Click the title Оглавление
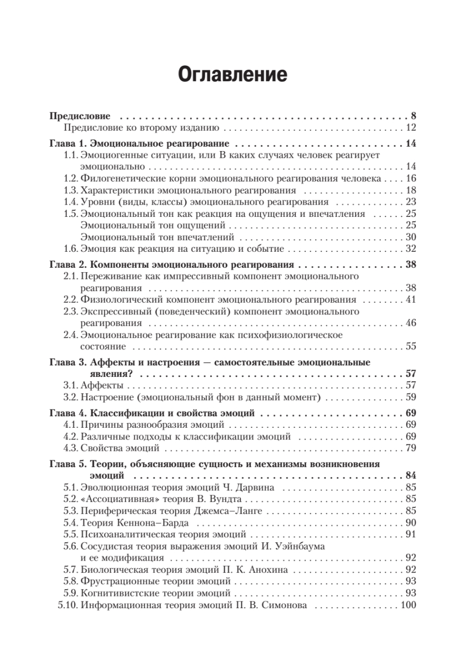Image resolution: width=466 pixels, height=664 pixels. point(233,74)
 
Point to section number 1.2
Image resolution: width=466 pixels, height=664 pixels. point(71,178)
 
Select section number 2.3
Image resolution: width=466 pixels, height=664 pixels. point(71,312)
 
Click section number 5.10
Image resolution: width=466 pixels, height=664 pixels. point(68,605)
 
